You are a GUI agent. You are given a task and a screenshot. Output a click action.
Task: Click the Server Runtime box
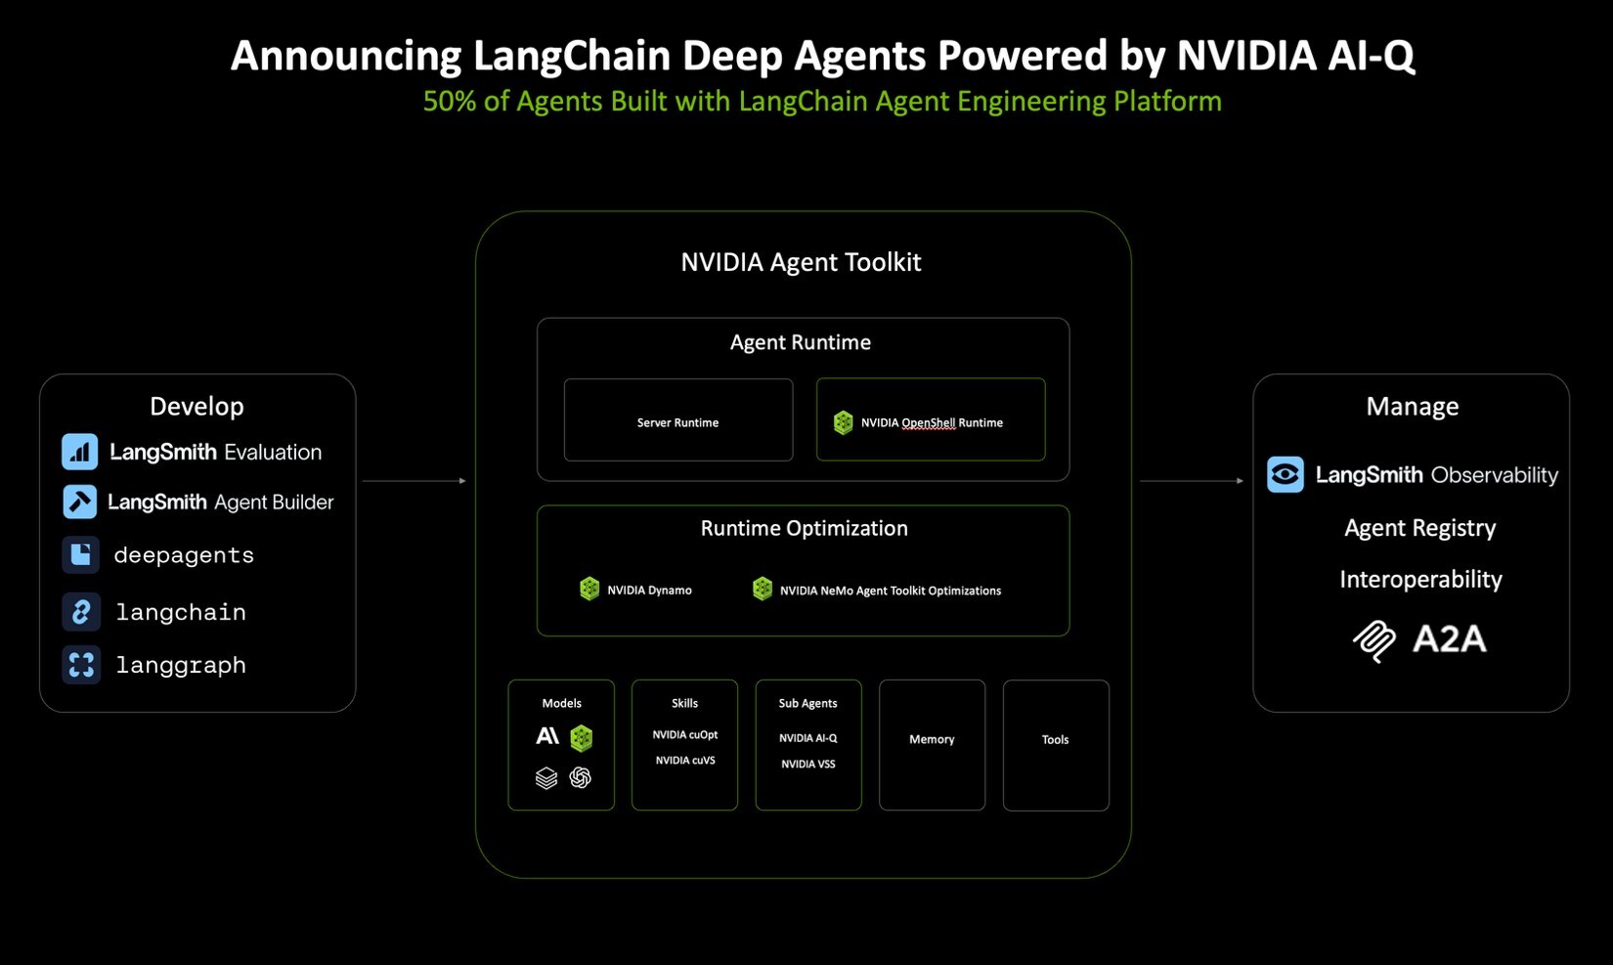coord(677,421)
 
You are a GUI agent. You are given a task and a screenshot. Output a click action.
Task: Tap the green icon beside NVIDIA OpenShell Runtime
coord(843,422)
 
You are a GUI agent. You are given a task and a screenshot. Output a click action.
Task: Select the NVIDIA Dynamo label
coord(649,591)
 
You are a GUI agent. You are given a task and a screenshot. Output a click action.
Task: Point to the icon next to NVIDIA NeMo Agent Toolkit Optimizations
coord(763,589)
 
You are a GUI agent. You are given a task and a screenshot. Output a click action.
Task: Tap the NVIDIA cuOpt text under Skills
coord(684,735)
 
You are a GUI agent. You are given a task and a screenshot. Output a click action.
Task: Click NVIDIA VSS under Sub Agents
coord(807,765)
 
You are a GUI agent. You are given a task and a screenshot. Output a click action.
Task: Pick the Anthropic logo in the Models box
coord(547,736)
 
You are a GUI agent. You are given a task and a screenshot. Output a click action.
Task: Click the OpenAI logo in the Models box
coord(581,777)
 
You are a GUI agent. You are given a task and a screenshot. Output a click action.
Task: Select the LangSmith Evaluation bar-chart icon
coord(80,452)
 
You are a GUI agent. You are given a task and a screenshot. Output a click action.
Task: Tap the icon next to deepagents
coord(80,554)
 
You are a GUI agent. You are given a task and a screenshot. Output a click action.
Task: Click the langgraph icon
coord(80,665)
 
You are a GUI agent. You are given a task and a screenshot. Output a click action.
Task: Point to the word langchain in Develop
coord(181,612)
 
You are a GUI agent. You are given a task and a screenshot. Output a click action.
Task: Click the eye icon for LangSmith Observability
coord(1285,475)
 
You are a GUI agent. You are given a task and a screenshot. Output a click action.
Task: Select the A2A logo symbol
coord(1374,641)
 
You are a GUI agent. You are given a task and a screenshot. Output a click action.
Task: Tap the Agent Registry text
coord(1419,528)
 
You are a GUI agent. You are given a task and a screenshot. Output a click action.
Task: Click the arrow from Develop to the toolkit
coord(414,481)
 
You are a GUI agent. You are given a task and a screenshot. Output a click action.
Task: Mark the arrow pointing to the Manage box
coord(1192,481)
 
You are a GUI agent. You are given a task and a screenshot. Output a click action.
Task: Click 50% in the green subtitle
coord(449,102)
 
